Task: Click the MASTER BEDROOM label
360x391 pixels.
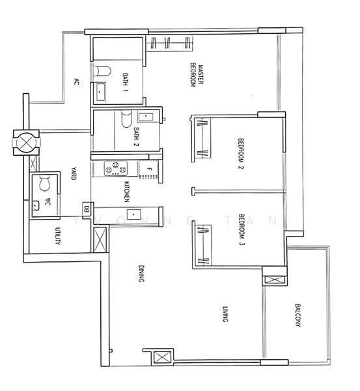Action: [197, 76]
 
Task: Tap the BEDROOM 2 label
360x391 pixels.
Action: [241, 154]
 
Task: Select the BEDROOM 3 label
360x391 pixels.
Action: [242, 229]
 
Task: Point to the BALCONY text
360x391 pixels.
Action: [298, 315]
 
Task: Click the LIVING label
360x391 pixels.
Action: [225, 314]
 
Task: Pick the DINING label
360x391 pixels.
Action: [141, 274]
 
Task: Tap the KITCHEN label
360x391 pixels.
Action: [126, 192]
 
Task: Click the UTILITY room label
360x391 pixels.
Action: [57, 236]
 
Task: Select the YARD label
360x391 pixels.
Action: [74, 173]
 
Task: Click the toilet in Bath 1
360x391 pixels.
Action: [102, 71]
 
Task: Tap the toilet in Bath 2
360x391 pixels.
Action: [126, 119]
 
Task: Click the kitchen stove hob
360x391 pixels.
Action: [116, 168]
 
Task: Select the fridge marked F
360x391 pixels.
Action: [148, 169]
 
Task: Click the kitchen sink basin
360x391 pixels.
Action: [134, 214]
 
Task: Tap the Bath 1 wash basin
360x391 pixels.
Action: [100, 92]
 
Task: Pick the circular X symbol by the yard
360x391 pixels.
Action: [26, 143]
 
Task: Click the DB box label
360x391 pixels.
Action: [87, 208]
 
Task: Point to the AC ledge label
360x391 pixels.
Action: [76, 82]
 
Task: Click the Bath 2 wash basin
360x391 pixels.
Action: [145, 117]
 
